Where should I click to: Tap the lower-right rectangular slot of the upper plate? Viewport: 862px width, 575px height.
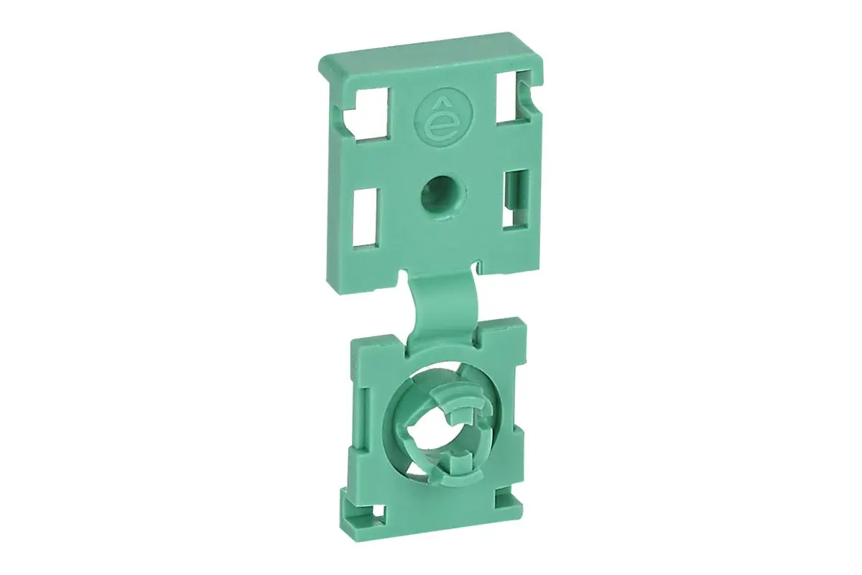pos(514,200)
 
